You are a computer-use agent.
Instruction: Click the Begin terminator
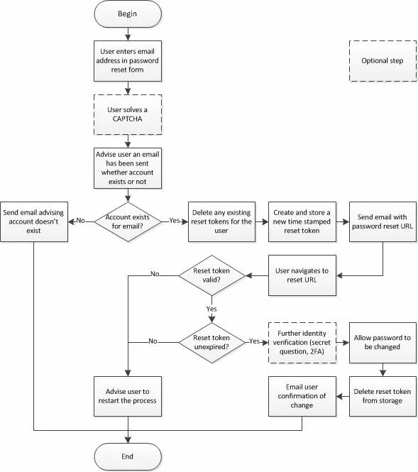[x=128, y=14]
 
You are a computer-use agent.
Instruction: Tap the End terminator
[x=128, y=456]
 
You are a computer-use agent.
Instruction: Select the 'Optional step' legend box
[x=383, y=61]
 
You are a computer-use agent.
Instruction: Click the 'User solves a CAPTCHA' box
[x=128, y=114]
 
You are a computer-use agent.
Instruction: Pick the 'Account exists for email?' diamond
[x=128, y=222]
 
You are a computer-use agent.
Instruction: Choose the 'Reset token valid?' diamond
[x=212, y=275]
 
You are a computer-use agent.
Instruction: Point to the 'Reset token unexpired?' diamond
[x=212, y=343]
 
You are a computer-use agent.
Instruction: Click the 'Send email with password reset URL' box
[x=383, y=222]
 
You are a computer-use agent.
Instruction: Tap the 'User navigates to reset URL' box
[x=302, y=275]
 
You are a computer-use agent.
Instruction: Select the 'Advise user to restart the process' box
[x=128, y=396]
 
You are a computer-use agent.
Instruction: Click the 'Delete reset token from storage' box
[x=383, y=396]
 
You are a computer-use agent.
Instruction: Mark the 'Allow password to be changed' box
[x=383, y=343]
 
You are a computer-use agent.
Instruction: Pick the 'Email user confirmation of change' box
[x=302, y=396]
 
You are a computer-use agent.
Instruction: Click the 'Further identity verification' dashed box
[x=302, y=343]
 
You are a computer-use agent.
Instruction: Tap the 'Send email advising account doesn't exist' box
[x=34, y=222]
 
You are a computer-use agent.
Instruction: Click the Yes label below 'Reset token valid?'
[x=211, y=309]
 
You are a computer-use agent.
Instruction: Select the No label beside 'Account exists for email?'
[x=81, y=220]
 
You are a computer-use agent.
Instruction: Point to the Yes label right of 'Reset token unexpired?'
[x=254, y=341]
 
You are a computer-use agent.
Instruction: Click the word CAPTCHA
[x=127, y=119]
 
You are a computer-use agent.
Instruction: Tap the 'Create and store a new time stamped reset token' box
[x=302, y=222]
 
